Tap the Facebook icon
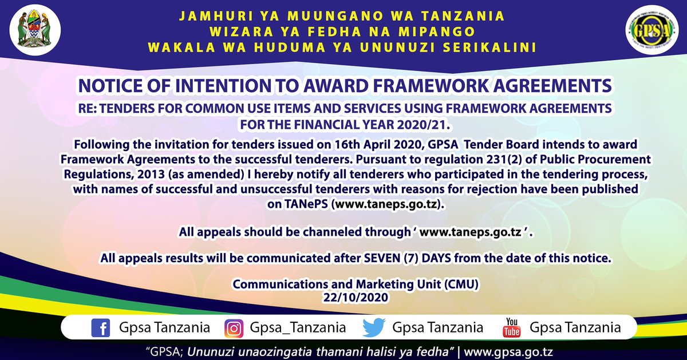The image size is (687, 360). click(100, 328)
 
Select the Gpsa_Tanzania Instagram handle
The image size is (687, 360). click(298, 328)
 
